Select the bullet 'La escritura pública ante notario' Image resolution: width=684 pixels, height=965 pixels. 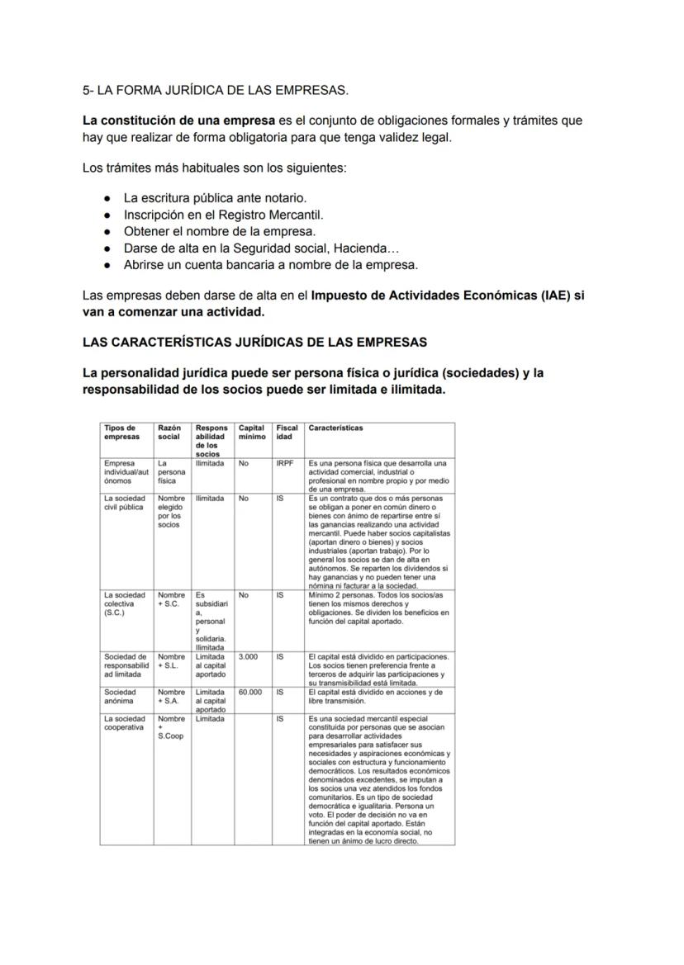click(215, 198)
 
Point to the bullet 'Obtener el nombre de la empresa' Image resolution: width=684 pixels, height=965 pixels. click(219, 231)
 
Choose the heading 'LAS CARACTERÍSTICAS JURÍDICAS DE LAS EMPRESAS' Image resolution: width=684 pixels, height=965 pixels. click(254, 342)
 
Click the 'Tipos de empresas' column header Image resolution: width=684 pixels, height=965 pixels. click(121, 433)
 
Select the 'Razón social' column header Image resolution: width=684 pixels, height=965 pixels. click(169, 433)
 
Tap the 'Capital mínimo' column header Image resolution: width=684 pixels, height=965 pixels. click(251, 433)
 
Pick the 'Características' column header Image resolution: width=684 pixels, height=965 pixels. click(335, 428)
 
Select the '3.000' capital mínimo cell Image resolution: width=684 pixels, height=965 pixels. click(247, 657)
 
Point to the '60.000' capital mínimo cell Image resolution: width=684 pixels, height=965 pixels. click(249, 693)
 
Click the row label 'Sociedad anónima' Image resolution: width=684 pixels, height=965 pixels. click(121, 697)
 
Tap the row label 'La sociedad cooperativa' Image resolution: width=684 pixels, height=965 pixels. click(124, 723)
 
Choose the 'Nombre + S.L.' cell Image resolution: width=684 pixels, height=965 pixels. click(171, 661)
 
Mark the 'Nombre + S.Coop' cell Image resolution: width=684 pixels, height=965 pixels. click(170, 727)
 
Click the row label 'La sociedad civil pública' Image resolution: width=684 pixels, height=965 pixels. click(125, 503)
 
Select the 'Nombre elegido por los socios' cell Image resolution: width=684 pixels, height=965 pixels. click(171, 512)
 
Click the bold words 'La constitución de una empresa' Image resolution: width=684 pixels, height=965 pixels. click(178, 121)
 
